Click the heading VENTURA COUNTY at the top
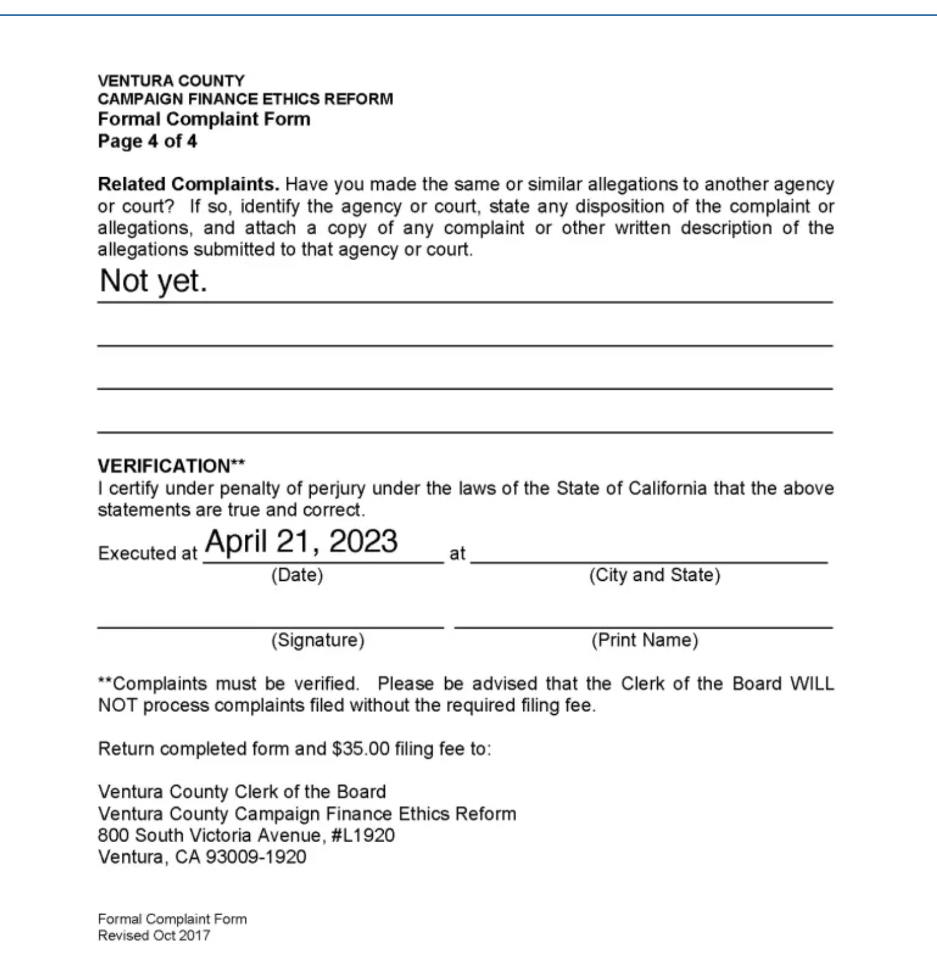pos(171,81)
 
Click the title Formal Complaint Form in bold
pos(204,119)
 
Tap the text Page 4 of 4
pos(147,141)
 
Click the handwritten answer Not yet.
pos(153,281)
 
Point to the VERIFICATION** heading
pos(171,466)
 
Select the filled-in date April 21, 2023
pos(301,542)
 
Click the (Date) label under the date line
pos(297,575)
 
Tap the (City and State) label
pos(655,575)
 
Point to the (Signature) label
pos(317,640)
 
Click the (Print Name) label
pos(645,640)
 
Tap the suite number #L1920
pos(363,835)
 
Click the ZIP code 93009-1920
pos(256,857)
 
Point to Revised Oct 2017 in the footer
pos(154,935)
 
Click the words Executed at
pos(147,553)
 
